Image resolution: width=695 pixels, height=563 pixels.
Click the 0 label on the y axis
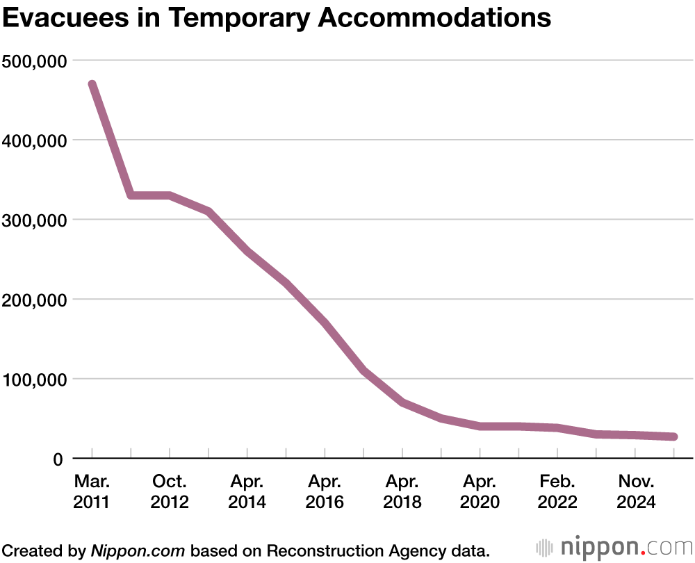pyautogui.click(x=58, y=459)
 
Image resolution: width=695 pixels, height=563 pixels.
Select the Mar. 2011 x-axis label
pyautogui.click(x=92, y=491)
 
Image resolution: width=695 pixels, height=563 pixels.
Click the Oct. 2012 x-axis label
pyautogui.click(x=170, y=491)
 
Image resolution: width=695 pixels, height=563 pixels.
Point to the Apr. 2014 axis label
pyautogui.click(x=247, y=491)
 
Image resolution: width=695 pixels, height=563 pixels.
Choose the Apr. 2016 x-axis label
pyautogui.click(x=325, y=491)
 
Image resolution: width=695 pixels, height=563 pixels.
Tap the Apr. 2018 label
pyautogui.click(x=402, y=491)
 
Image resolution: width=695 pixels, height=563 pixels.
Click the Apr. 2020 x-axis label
pyautogui.click(x=480, y=491)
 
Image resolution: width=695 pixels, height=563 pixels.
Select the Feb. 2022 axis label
pyautogui.click(x=557, y=491)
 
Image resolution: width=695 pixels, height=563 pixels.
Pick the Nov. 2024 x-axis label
pyautogui.click(x=635, y=491)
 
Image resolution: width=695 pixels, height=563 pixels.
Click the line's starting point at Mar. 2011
pyautogui.click(x=92, y=85)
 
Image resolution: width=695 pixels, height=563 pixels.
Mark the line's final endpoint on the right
pyautogui.click(x=673, y=436)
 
